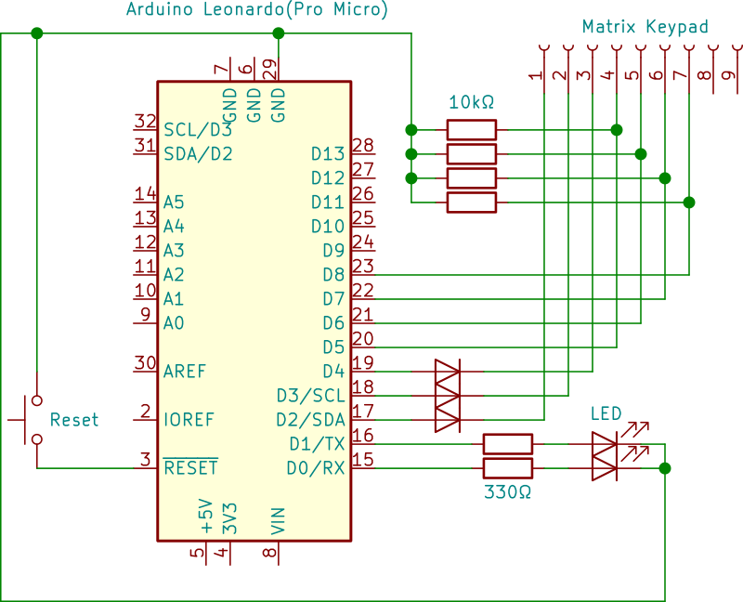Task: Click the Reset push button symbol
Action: pyautogui.click(x=33, y=419)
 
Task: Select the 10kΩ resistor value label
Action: pyautogui.click(x=471, y=102)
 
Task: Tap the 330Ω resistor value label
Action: pyautogui.click(x=508, y=491)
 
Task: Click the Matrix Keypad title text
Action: pyautogui.click(x=645, y=27)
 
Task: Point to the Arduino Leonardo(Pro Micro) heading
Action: pyautogui.click(x=256, y=10)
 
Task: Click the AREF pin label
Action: pyautogui.click(x=185, y=371)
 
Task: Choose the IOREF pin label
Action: pyautogui.click(x=189, y=419)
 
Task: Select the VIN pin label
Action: pyautogui.click(x=278, y=521)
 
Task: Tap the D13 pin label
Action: pyautogui.click(x=327, y=153)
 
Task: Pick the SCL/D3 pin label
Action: pyautogui.click(x=198, y=129)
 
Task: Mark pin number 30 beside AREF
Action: pyautogui.click(x=144, y=363)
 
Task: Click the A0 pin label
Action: pyautogui.click(x=174, y=322)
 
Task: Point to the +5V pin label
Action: pyautogui.click(x=205, y=517)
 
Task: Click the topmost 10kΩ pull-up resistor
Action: pyautogui.click(x=472, y=129)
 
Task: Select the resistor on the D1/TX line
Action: pyautogui.click(x=508, y=443)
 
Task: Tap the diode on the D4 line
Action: pyautogui.click(x=447, y=372)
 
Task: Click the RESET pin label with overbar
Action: pyautogui.click(x=190, y=467)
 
